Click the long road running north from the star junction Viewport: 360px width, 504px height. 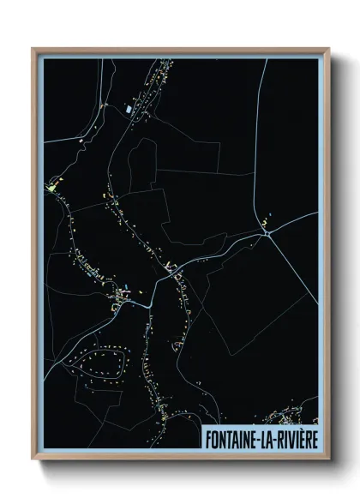click(x=263, y=146)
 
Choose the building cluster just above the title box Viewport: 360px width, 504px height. click(x=287, y=417)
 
